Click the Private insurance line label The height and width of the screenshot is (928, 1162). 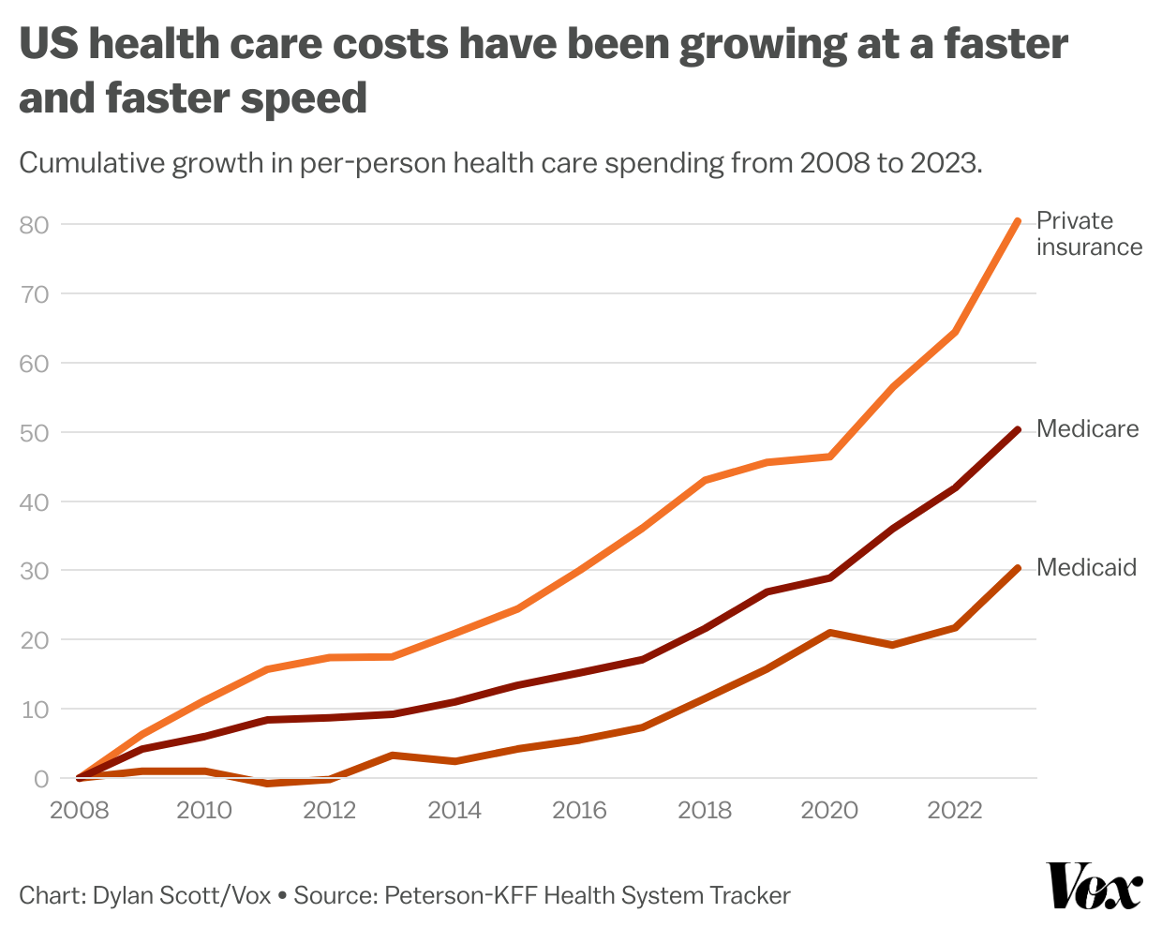pyautogui.click(x=1089, y=233)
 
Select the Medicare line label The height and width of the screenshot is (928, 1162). pyautogui.click(x=1087, y=429)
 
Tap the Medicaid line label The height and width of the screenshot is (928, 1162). pyautogui.click(x=1086, y=568)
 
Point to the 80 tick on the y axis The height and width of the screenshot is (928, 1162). pyautogui.click(x=34, y=225)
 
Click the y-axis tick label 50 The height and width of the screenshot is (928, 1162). pyautogui.click(x=34, y=433)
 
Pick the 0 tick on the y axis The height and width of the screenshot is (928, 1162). pyautogui.click(x=40, y=779)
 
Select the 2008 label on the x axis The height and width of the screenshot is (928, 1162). pyautogui.click(x=79, y=810)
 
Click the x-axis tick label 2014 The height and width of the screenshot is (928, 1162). pyautogui.click(x=454, y=810)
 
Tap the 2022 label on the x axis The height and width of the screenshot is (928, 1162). pyautogui.click(x=955, y=810)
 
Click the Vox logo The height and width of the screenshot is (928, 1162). pyautogui.click(x=1094, y=886)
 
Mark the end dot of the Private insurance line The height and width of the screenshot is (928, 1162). pyautogui.click(x=1018, y=221)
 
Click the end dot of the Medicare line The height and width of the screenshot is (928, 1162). pyautogui.click(x=1018, y=429)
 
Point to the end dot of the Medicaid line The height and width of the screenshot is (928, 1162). pyautogui.click(x=1018, y=568)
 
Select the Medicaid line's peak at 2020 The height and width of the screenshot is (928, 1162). pyautogui.click(x=830, y=633)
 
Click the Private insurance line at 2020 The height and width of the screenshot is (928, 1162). pyautogui.click(x=830, y=457)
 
